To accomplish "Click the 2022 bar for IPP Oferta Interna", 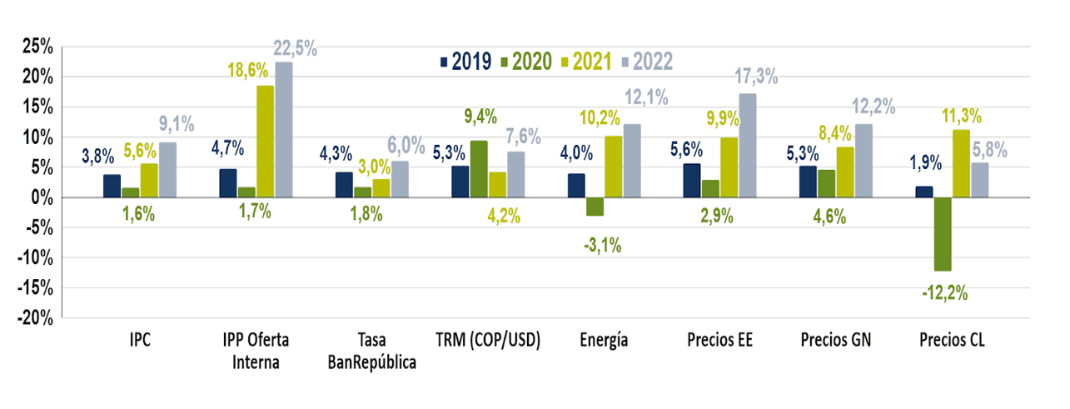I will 284,130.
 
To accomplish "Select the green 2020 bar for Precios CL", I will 943,234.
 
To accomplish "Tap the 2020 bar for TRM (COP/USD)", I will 479,169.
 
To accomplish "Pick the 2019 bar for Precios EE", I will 691,181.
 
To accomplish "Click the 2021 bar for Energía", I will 613,167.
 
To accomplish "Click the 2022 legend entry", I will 644,62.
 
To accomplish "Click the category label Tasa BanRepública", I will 372,351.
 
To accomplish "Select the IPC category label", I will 139,341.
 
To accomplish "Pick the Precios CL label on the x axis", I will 952,341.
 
